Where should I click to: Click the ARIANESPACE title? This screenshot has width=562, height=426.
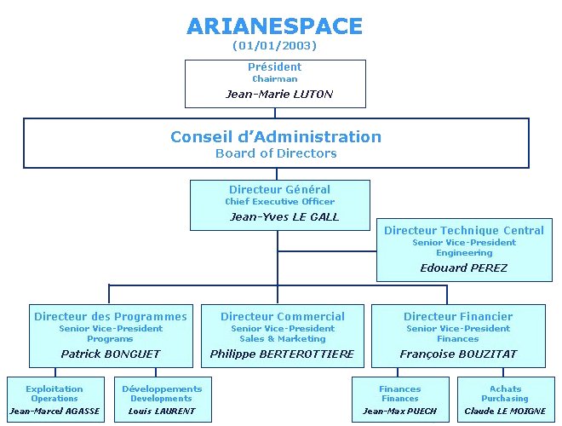(x=274, y=26)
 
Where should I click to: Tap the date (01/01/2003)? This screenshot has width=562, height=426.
(x=274, y=45)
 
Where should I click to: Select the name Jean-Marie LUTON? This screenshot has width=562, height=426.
(x=278, y=95)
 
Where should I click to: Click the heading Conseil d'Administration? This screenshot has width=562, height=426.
(x=276, y=136)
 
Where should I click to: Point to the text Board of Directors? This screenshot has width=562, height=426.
(x=276, y=153)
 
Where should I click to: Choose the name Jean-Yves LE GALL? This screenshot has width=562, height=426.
(x=284, y=217)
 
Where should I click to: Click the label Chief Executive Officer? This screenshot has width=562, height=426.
(x=280, y=202)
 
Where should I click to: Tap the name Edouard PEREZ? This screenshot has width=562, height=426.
(x=464, y=268)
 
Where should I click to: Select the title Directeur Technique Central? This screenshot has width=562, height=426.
(x=464, y=230)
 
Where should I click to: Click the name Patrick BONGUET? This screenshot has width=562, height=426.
(x=111, y=354)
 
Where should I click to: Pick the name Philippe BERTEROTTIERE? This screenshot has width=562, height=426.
(x=282, y=354)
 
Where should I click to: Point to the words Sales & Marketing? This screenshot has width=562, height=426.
(x=283, y=338)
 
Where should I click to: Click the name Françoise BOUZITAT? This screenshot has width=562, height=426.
(x=458, y=354)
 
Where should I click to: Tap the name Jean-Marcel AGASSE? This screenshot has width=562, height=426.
(x=54, y=411)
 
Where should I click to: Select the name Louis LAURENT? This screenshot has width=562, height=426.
(x=162, y=411)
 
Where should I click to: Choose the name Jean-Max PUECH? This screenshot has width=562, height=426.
(x=399, y=411)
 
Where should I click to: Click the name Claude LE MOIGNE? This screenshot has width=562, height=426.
(x=505, y=411)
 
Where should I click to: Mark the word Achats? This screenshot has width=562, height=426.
(x=505, y=389)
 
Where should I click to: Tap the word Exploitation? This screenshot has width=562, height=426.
(x=54, y=389)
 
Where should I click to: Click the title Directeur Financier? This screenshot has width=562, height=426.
(x=458, y=316)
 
